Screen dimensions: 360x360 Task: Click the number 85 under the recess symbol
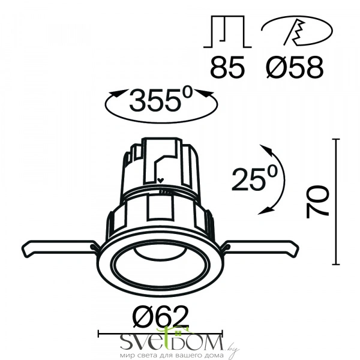point(227,68)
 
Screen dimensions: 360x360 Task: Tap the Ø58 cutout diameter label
point(295,68)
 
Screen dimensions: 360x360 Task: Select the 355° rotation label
point(161,100)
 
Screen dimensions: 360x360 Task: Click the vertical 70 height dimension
point(317,202)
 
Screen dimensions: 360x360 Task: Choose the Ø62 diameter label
point(161,317)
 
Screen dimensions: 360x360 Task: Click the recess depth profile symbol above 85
point(227,32)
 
